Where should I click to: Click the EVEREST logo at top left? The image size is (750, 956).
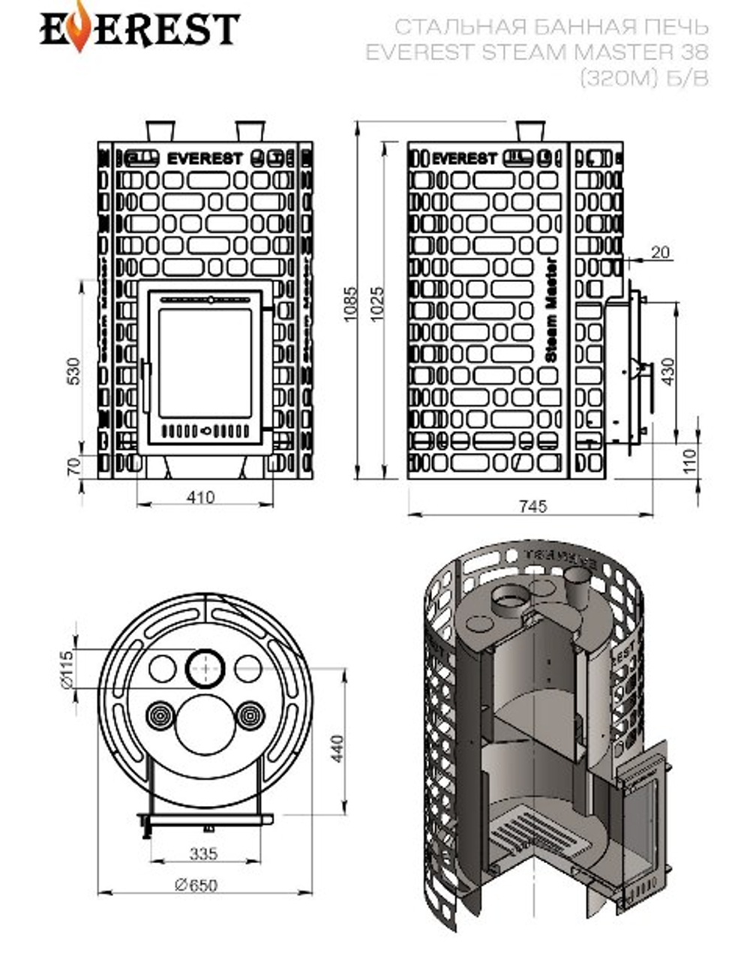[x=139, y=29]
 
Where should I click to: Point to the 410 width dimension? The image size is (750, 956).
[x=201, y=496]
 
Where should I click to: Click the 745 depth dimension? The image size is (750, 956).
[x=532, y=506]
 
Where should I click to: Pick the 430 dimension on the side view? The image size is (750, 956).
[x=667, y=371]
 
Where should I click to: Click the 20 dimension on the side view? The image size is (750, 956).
[x=660, y=253]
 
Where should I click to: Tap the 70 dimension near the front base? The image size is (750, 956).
[x=73, y=466]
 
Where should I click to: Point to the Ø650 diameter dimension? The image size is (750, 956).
[x=196, y=885]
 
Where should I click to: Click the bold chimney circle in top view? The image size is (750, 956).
[x=205, y=667]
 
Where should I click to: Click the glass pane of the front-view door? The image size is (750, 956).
[x=205, y=364]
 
